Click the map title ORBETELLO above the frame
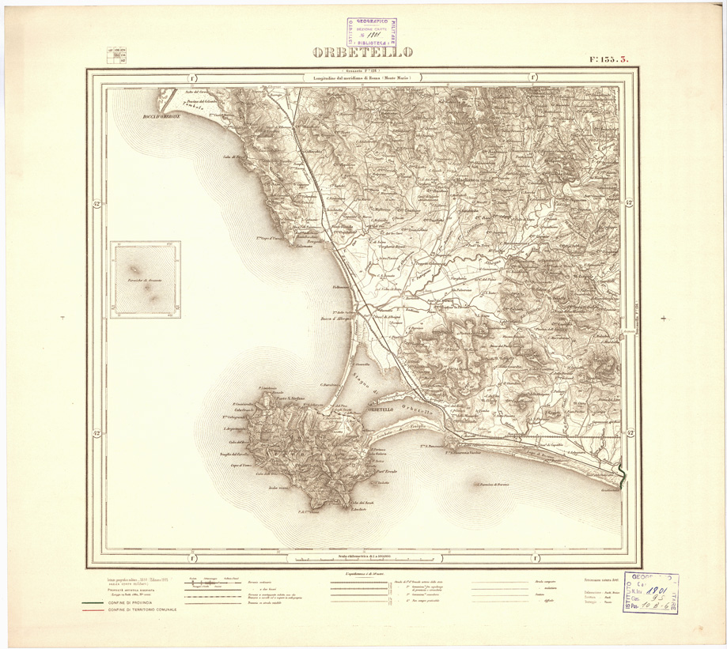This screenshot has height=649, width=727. [363, 54]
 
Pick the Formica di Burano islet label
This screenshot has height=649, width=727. [494, 484]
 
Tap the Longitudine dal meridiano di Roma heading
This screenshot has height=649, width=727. [363, 77]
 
